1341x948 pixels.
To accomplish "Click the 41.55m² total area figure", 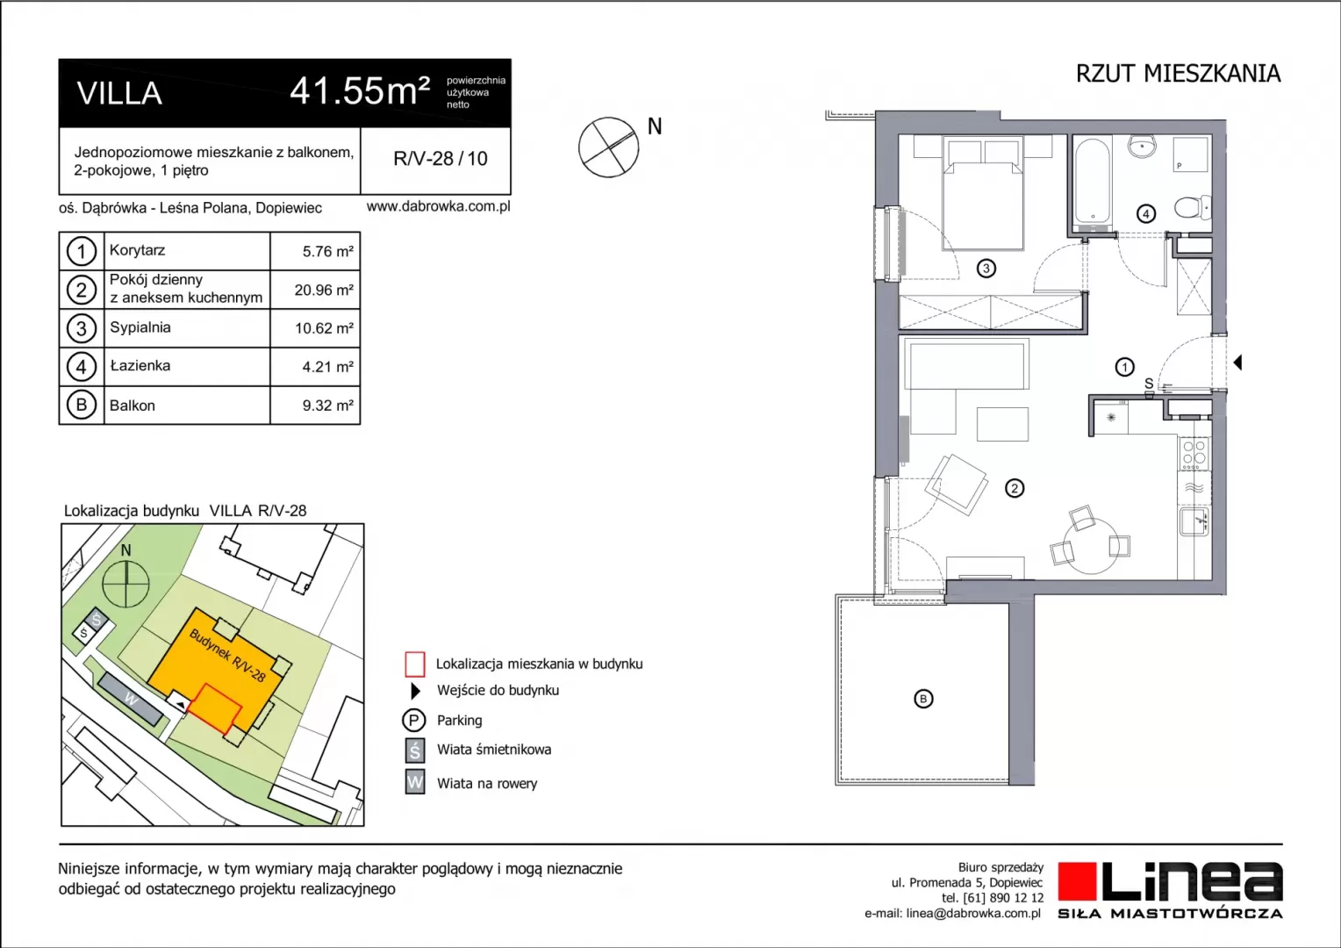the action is click(360, 91).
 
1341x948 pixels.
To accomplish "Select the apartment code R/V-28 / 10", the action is click(440, 159).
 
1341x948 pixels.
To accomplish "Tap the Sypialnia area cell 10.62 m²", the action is click(324, 328).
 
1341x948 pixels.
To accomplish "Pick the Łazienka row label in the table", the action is click(140, 365).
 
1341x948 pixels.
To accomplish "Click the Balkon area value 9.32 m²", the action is click(327, 406).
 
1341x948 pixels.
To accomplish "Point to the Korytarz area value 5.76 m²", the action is click(327, 252).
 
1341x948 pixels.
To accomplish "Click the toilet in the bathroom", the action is click(1193, 208).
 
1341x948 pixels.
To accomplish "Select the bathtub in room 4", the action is click(1092, 183).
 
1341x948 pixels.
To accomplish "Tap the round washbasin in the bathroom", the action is click(1143, 146).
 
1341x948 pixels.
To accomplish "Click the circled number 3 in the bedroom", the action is click(986, 269).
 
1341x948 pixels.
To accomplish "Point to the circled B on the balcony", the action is click(923, 699).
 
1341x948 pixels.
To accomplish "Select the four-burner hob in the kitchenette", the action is click(1194, 453).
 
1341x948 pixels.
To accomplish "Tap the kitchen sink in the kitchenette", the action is click(1194, 521).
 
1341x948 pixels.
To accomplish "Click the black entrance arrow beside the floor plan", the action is click(1237, 363).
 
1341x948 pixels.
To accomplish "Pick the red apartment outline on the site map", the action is click(215, 707).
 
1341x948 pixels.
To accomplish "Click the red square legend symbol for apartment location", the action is click(415, 664).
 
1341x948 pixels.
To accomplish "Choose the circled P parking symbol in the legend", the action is click(413, 720).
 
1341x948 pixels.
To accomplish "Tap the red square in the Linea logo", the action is click(1077, 881).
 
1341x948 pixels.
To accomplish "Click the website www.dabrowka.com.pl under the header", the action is click(438, 206).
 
